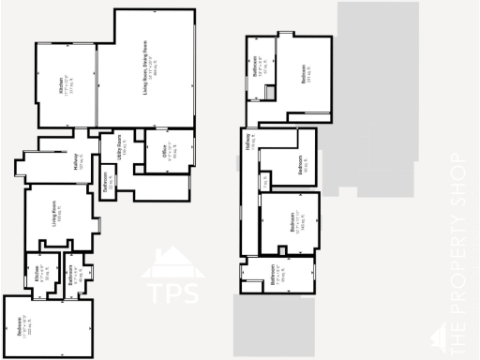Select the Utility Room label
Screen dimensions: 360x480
pos(120,149)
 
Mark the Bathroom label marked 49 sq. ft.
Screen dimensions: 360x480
pos(73,274)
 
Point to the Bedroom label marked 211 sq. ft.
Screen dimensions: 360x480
pos(306,73)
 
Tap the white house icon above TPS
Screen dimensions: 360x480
pos(172,261)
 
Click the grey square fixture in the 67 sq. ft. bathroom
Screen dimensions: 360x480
pos(270,93)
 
